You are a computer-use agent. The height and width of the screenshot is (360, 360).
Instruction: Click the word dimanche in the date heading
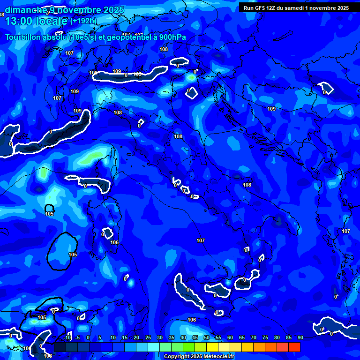pyautogui.click(x=23, y=10)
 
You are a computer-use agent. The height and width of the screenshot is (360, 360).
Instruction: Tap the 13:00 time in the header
pyautogui.click(x=18, y=21)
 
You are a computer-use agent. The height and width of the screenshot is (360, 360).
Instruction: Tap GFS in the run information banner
pyautogui.click(x=261, y=7)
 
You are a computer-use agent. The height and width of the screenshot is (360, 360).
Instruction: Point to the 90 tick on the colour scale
pyautogui.click(x=300, y=337)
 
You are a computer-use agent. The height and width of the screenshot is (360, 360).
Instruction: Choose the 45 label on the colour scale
pyautogui.click(x=195, y=337)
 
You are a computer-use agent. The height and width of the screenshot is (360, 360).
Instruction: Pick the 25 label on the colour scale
pyautogui.click(x=148, y=337)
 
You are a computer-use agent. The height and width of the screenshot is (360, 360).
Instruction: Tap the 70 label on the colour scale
pyautogui.click(x=253, y=337)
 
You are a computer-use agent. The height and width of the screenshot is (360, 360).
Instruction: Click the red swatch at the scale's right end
pyautogui.click(x=294, y=347)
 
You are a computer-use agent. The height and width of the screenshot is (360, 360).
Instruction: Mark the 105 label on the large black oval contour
pyautogui.click(x=73, y=255)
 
